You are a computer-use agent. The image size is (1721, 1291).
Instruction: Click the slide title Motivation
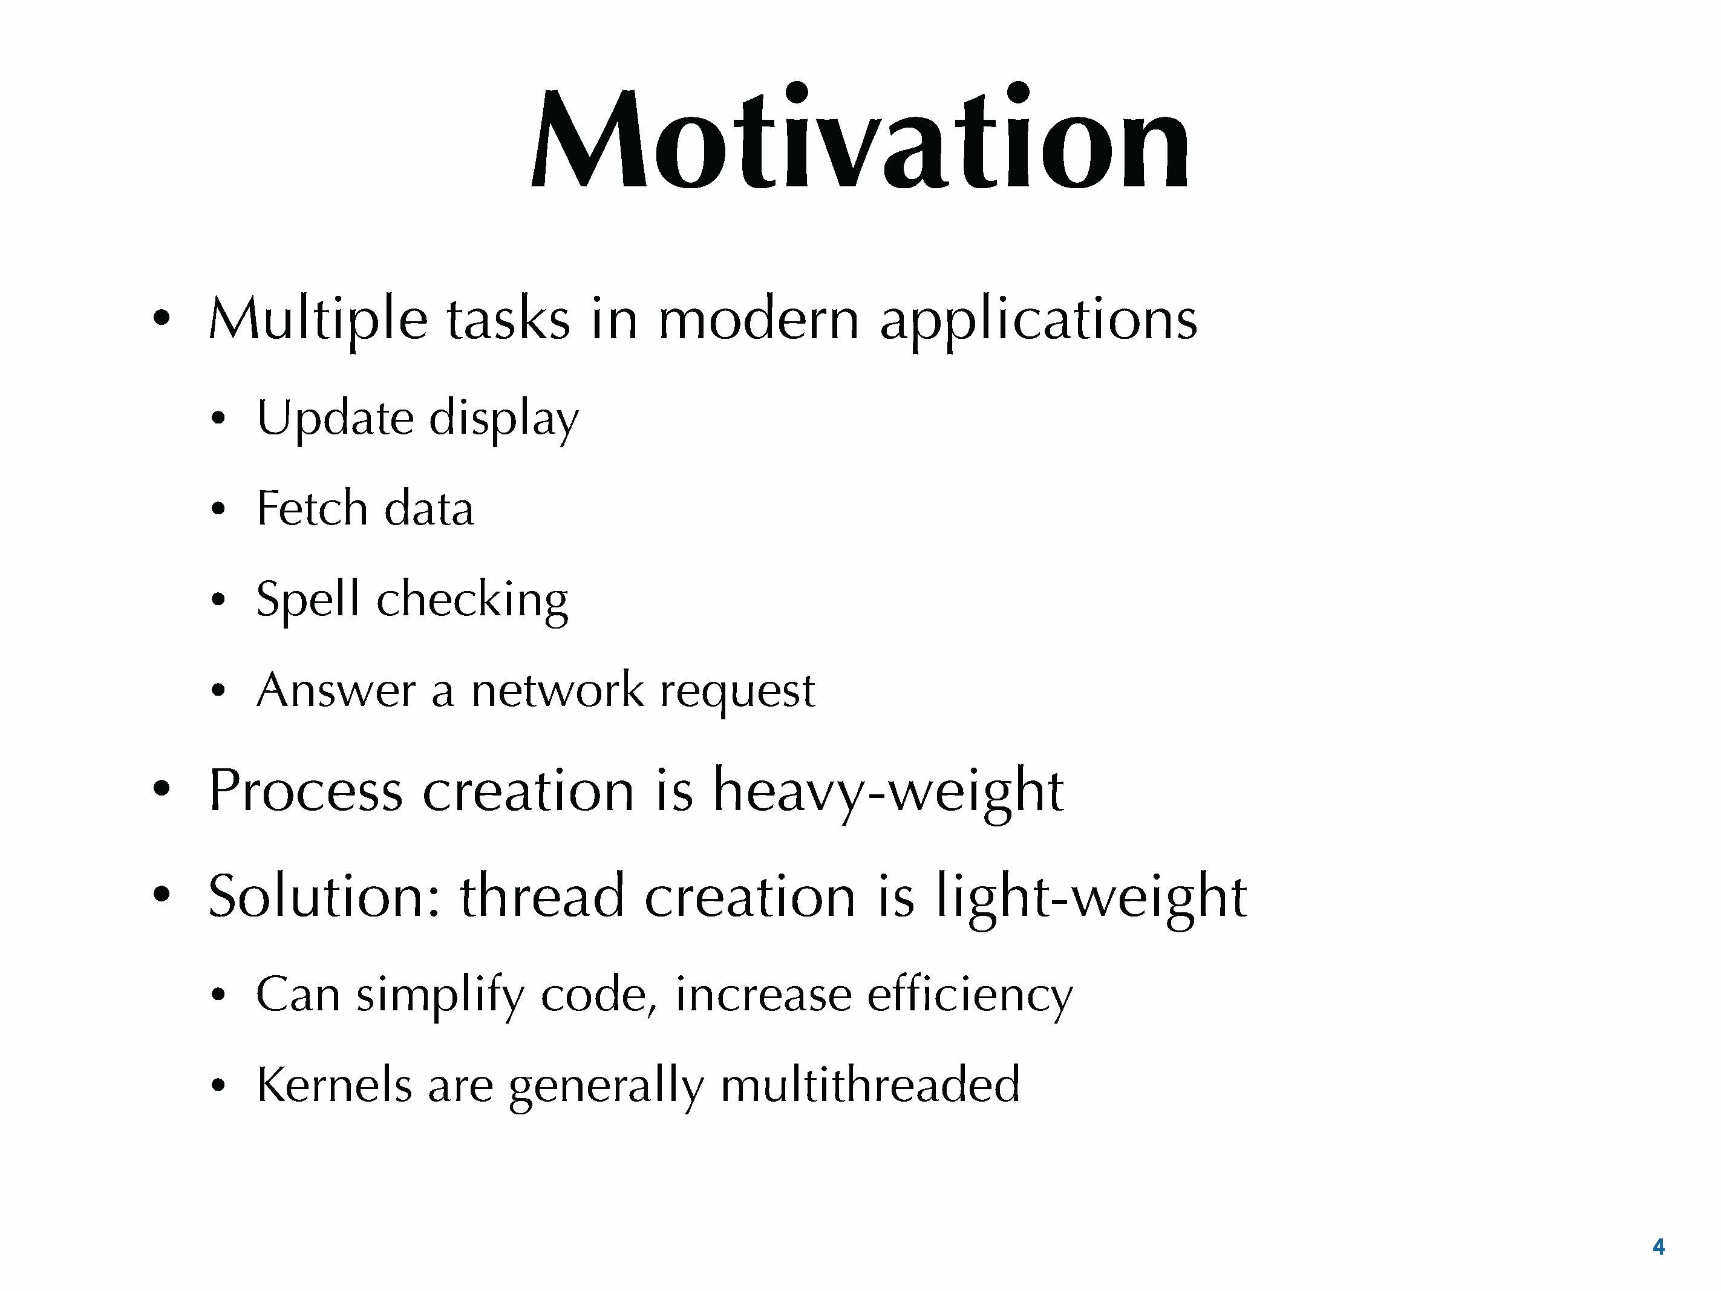click(860, 136)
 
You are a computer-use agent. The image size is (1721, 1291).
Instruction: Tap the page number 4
click(1658, 1247)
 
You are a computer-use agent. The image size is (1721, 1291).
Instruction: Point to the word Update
click(335, 418)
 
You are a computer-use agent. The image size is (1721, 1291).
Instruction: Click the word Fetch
click(311, 508)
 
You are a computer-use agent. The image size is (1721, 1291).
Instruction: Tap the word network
click(557, 690)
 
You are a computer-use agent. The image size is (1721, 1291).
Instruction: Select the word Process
click(305, 791)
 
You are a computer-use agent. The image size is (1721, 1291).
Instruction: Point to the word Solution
click(325, 896)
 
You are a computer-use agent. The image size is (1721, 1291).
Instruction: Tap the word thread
click(542, 896)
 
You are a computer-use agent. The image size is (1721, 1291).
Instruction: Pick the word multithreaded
click(870, 1084)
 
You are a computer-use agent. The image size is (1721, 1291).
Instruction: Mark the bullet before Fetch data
click(218, 511)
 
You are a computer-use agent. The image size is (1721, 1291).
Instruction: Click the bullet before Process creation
click(161, 791)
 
